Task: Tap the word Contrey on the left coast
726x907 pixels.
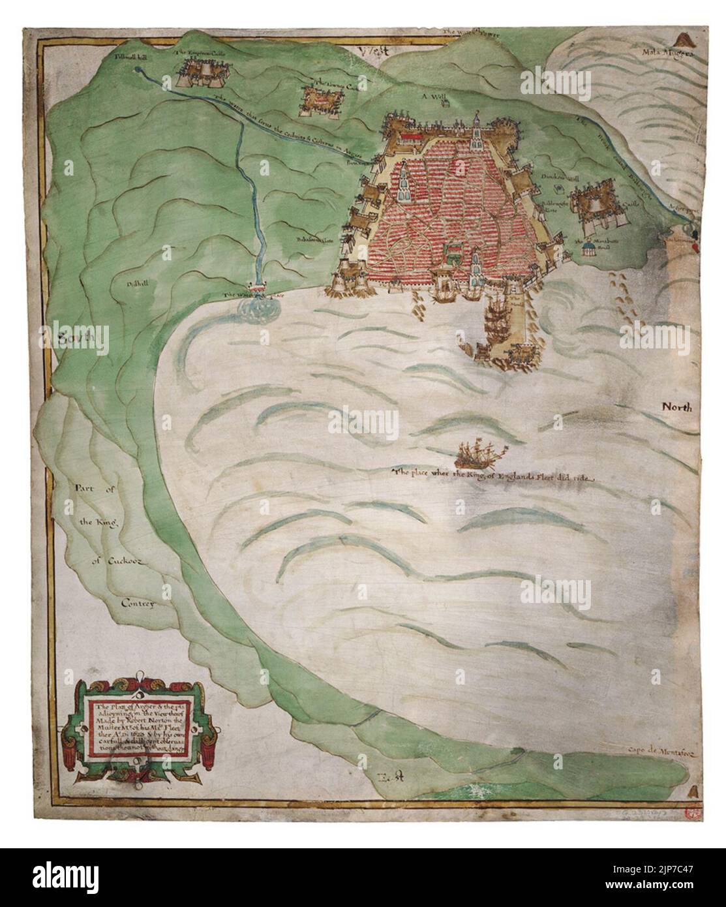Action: click(x=136, y=604)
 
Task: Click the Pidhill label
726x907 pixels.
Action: click(x=137, y=285)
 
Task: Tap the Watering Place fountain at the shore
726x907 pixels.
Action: click(x=260, y=292)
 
